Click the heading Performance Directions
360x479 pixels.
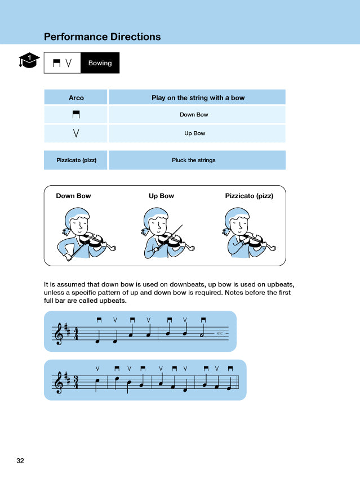[102, 37]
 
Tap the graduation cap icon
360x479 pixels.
[29, 60]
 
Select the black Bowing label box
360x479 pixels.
[100, 63]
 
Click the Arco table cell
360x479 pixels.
[76, 97]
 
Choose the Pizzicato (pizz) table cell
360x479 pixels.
[76, 160]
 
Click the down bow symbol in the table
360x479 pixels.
[75, 115]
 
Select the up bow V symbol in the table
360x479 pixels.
[75, 133]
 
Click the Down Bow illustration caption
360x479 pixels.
[73, 196]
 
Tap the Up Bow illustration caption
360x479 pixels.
[161, 196]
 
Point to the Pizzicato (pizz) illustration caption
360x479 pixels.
[249, 196]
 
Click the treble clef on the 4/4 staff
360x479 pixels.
[58, 334]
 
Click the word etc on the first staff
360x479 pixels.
[220, 333]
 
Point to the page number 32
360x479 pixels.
[20, 460]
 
